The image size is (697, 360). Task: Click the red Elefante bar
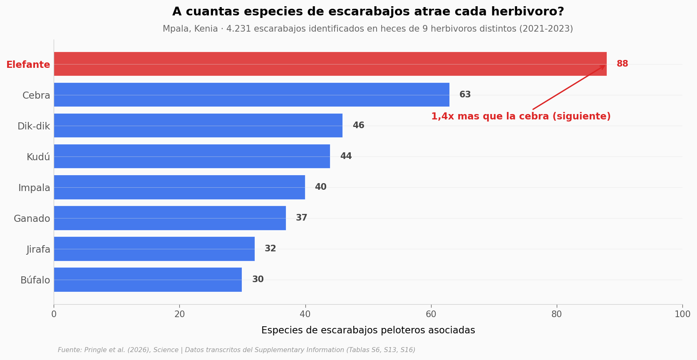(x=330, y=64)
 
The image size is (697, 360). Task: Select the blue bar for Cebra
(x=251, y=94)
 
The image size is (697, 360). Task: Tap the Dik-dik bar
(x=198, y=125)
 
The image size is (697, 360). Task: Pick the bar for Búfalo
(x=148, y=279)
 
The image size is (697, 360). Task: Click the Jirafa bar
(x=154, y=248)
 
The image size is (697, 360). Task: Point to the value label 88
(x=623, y=64)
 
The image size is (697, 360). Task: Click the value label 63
(x=465, y=94)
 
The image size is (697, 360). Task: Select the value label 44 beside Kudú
(x=346, y=156)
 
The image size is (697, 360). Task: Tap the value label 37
(x=302, y=218)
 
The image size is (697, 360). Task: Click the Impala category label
(x=34, y=188)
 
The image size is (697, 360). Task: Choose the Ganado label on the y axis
(x=32, y=218)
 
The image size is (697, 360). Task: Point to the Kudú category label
(x=38, y=157)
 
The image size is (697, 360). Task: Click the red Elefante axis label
(x=28, y=65)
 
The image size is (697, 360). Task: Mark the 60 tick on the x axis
(x=431, y=314)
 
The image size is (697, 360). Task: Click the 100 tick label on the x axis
(x=682, y=314)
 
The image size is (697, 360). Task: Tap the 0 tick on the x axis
(x=54, y=314)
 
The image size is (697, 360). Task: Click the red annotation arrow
(x=569, y=87)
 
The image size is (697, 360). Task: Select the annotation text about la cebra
(x=521, y=117)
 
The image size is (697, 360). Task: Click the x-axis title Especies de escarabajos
(x=368, y=330)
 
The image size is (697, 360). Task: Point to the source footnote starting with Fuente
(x=236, y=350)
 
